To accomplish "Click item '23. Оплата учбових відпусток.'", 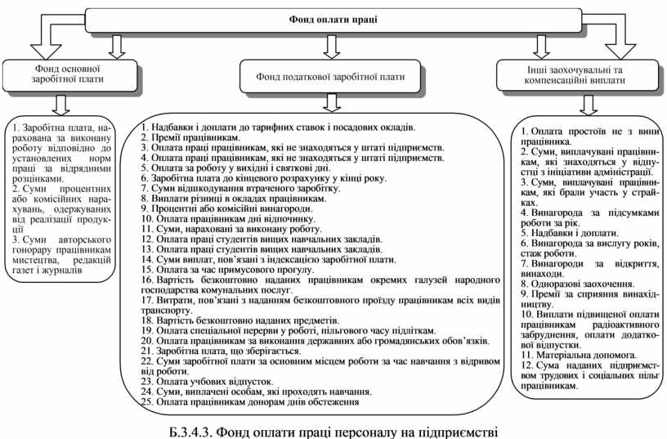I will (207, 382).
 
